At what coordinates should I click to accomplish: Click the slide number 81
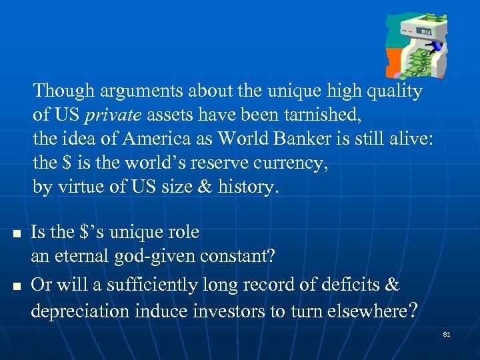pyautogui.click(x=447, y=334)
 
